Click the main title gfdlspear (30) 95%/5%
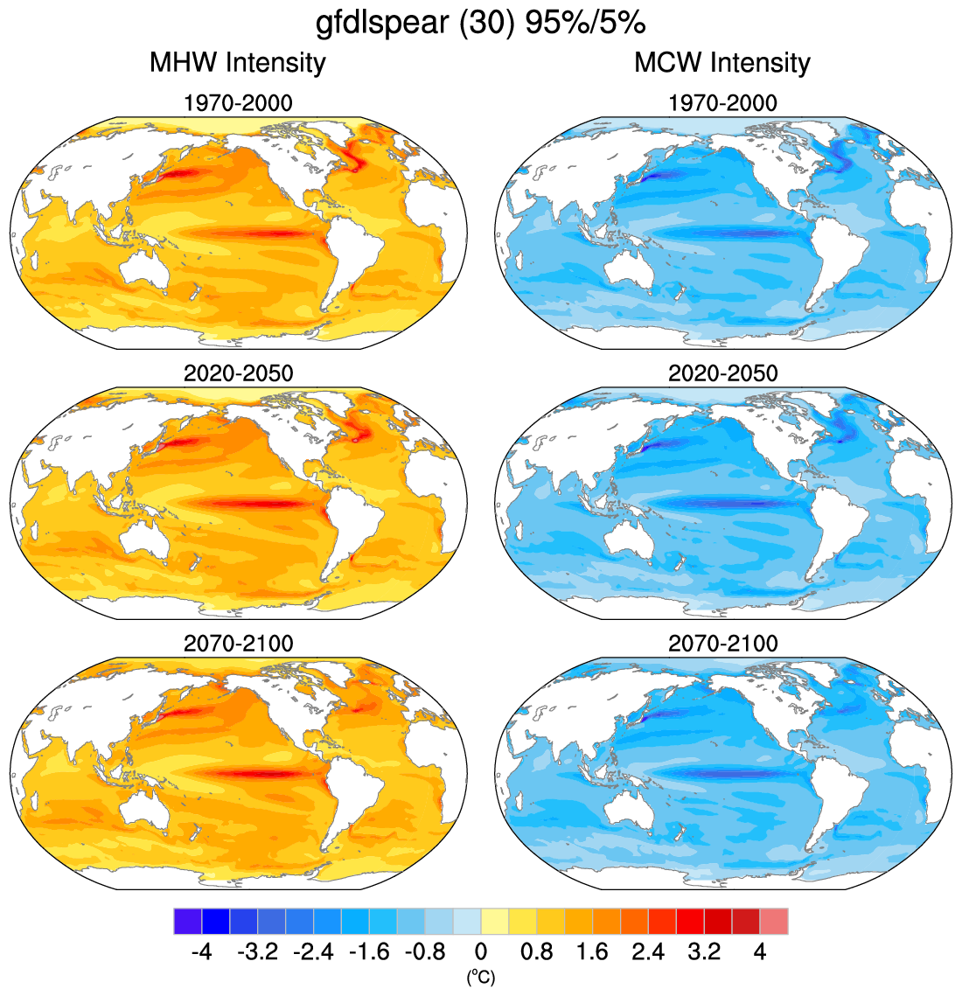[x=480, y=24]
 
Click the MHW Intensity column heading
[x=238, y=63]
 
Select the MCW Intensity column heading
[x=722, y=63]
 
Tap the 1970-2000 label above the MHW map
[x=238, y=103]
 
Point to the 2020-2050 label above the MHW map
[x=238, y=373]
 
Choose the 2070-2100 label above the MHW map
[x=238, y=644]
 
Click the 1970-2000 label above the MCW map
[x=722, y=103]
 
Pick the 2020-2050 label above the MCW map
[x=722, y=373]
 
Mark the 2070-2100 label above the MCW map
[x=722, y=644]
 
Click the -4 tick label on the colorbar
[x=202, y=951]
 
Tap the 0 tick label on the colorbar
[x=481, y=951]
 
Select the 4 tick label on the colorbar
[x=760, y=951]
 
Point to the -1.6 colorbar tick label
[x=369, y=951]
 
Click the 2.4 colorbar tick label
[x=648, y=951]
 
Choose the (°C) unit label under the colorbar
[x=481, y=977]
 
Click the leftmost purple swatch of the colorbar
[x=188, y=922]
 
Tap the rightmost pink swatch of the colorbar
[x=774, y=922]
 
